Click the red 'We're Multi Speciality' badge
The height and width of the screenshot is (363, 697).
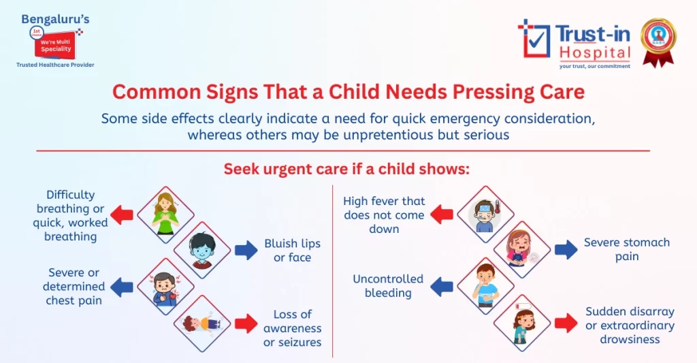click(x=54, y=44)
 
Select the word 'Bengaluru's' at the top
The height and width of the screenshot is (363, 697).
click(x=55, y=19)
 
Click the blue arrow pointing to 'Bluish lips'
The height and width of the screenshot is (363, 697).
click(x=246, y=250)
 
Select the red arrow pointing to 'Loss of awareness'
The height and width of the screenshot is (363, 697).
click(x=246, y=323)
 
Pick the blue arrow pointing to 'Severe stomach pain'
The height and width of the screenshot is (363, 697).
click(x=566, y=249)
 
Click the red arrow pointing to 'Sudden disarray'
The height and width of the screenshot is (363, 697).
click(x=566, y=322)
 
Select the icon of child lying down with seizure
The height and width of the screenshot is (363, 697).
click(x=203, y=323)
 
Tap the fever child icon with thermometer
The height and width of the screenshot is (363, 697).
click(x=485, y=215)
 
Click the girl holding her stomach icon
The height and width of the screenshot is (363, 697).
click(x=522, y=250)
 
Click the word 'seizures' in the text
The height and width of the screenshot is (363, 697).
click(x=292, y=342)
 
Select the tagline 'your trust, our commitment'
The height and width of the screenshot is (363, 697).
click(x=594, y=66)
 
